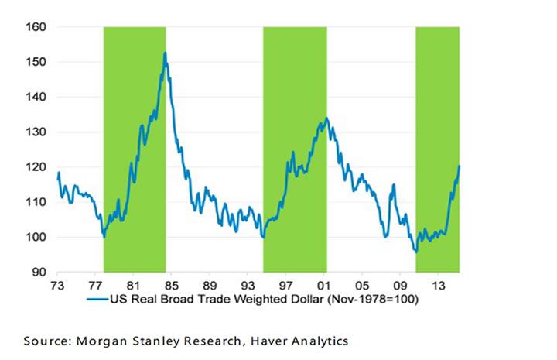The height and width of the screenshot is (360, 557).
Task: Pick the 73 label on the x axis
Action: point(56,285)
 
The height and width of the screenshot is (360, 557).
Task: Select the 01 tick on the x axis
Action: point(323,285)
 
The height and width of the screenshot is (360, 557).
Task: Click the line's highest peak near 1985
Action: point(165,53)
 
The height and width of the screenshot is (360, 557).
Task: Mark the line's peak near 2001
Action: point(326,118)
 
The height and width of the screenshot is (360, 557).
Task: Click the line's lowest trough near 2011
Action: point(415,252)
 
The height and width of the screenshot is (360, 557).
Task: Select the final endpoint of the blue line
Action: point(460,166)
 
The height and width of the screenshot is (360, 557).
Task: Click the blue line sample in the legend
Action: point(95,299)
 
